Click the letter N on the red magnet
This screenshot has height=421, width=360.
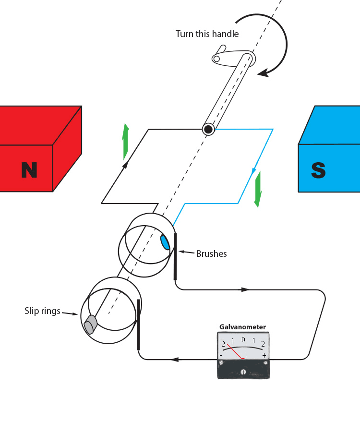(29, 170)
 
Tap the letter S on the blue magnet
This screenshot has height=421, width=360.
(318, 170)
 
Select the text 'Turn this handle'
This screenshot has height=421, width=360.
(207, 34)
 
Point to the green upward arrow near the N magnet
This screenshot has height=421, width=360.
(126, 142)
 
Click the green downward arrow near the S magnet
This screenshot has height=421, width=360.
(258, 189)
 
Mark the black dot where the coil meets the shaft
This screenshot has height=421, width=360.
(208, 129)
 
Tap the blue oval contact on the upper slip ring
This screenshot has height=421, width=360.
(165, 241)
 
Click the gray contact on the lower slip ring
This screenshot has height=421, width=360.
(89, 326)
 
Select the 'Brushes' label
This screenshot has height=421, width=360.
(211, 253)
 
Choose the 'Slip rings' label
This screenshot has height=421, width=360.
(42, 311)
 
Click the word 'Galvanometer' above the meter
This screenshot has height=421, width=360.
(242, 327)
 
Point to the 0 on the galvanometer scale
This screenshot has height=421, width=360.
(243, 340)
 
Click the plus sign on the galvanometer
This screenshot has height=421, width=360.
(264, 355)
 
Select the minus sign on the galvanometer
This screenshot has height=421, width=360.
(221, 355)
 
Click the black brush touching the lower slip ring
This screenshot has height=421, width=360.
(139, 325)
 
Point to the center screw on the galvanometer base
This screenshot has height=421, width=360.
(243, 372)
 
